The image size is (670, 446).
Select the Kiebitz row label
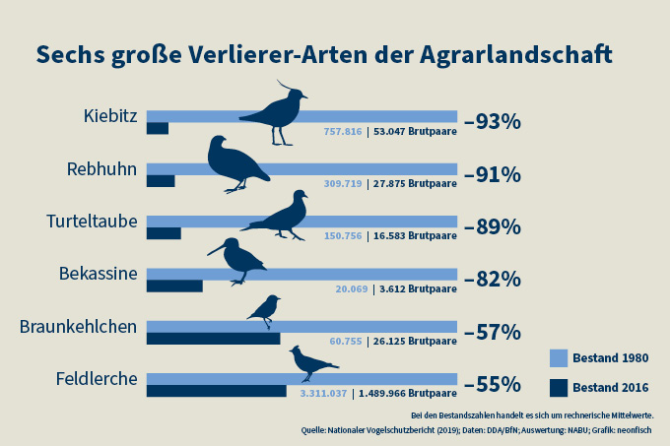coord(110,117)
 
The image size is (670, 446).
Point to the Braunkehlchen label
coord(78,326)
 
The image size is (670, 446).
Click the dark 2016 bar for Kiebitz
coord(158,128)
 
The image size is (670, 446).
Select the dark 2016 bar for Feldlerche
coord(217,390)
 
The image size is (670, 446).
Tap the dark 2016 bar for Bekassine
coord(174,286)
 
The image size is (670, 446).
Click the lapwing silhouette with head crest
coord(276,113)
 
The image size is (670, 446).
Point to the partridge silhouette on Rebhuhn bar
coord(234,162)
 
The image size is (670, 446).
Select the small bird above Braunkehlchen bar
coord(264,310)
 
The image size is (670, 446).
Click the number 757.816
coord(343,129)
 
